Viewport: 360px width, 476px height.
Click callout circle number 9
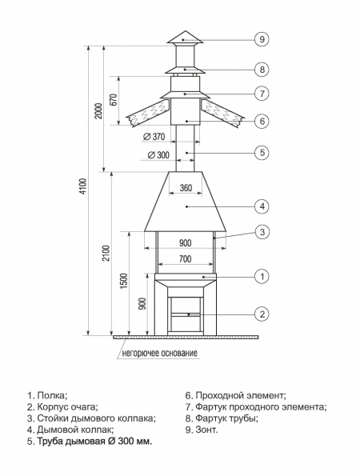click(x=261, y=38)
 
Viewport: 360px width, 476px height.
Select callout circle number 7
click(x=261, y=94)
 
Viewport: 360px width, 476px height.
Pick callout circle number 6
click(x=261, y=122)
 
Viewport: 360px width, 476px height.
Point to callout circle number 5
click(x=261, y=151)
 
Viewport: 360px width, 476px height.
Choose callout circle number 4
click(x=261, y=206)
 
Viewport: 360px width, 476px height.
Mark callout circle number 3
click(x=261, y=232)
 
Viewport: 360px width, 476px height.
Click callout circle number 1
click(x=261, y=277)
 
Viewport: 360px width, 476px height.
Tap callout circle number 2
click(x=261, y=313)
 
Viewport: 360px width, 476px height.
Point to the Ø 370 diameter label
click(x=160, y=137)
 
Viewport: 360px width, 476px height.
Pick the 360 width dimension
click(x=186, y=189)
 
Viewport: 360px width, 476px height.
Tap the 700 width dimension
click(x=185, y=260)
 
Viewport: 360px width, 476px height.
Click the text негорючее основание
click(x=160, y=352)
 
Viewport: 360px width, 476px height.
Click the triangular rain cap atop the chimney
click(x=185, y=37)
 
